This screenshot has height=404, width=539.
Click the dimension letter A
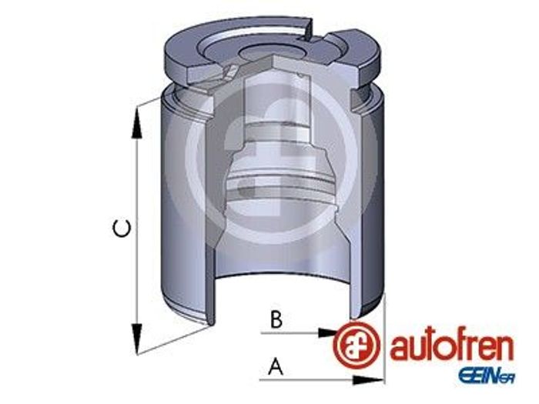tap(276, 366)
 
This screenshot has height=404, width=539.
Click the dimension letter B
tap(276, 319)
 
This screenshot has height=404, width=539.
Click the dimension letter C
tap(122, 229)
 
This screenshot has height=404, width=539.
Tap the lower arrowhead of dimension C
tap(137, 339)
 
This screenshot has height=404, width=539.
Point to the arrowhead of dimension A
tap(367, 380)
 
